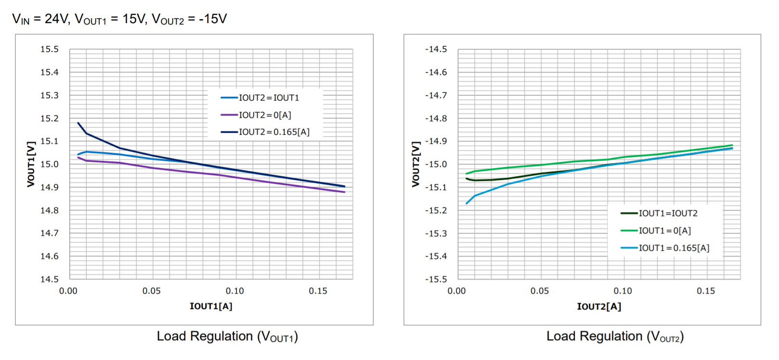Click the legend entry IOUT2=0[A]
265,115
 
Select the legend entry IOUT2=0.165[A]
274,132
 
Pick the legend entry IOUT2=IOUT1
269,98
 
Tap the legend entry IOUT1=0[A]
664,231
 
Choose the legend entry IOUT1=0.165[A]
674,248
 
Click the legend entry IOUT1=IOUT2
668,213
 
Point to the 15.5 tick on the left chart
50,49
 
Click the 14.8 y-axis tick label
50,210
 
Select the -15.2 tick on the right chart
436,210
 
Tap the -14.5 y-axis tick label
436,49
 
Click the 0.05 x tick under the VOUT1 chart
152,291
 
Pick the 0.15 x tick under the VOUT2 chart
706,291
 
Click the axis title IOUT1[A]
211,306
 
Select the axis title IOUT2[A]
599,307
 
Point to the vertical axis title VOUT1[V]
31,164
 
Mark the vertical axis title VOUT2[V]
415,164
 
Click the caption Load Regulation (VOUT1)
227,336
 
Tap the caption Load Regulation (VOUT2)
615,336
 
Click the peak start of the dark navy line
78,123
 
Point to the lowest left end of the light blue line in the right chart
467,204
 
